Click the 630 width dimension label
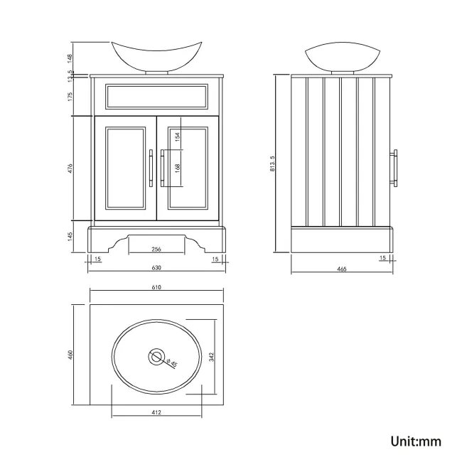[156, 268]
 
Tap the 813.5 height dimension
[272, 164]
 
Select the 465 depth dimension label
[342, 268]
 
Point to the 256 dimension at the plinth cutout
[156, 249]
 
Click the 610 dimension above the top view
[156, 287]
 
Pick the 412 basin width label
[156, 412]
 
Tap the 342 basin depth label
[212, 356]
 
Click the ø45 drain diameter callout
[171, 363]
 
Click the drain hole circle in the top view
[156, 357]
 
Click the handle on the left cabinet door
[150, 168]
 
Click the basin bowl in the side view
[340, 57]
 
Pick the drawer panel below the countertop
[156, 96]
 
